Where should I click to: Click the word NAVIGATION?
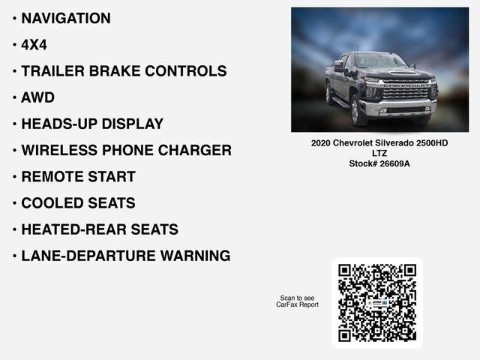coord(66,19)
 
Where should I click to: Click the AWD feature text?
coord(38,97)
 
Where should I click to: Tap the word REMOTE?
coord(52,177)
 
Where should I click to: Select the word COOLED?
coord(52,203)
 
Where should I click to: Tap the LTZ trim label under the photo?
coord(379,153)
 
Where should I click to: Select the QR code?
coord(377,302)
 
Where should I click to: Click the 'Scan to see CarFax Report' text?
coord(298,301)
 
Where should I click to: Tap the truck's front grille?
coord(409,94)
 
